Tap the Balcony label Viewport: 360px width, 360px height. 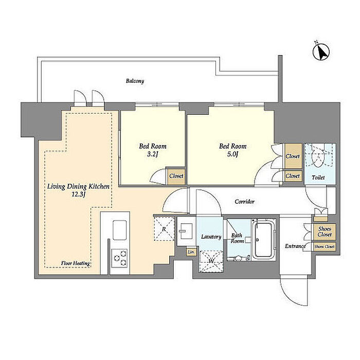click(135, 81)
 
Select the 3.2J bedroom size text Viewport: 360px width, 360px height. click(152, 154)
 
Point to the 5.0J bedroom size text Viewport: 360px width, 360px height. click(232, 154)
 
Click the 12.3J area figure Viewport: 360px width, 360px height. click(79, 195)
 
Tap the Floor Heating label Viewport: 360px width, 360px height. click(75, 263)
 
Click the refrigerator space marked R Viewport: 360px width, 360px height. click(164, 228)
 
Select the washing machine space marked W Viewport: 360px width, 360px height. click(211, 261)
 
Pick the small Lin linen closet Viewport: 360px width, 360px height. click(191, 252)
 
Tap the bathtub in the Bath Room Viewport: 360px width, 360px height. click(263, 240)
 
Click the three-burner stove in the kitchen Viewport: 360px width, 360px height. click(119, 258)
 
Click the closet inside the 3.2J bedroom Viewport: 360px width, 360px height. click(176, 176)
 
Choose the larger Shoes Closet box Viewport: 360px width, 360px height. click(325, 231)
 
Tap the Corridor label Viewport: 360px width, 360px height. click(244, 202)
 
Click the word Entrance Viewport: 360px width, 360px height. click(295, 246)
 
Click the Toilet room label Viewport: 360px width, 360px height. click(318, 177)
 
